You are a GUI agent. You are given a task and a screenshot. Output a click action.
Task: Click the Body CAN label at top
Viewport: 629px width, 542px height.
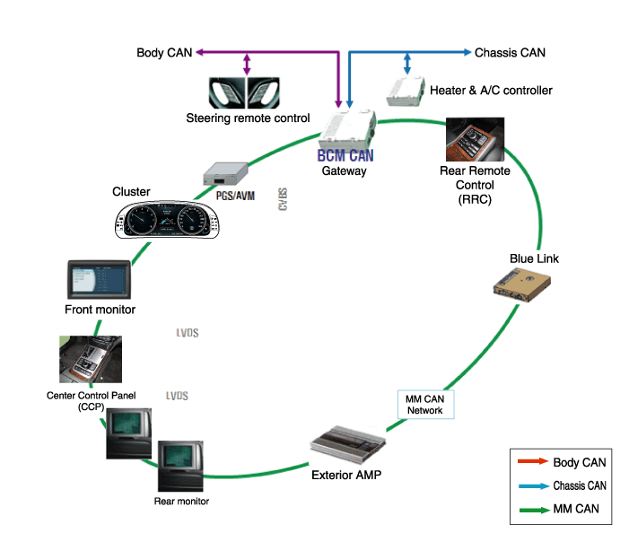162,53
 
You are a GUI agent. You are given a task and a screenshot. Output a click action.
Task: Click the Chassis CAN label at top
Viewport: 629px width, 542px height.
510,53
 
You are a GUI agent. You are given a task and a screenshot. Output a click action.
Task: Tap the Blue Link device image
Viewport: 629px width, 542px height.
522,284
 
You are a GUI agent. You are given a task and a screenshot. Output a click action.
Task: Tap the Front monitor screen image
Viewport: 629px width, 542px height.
99,280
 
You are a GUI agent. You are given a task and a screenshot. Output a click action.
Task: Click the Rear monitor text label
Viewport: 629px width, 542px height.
181,501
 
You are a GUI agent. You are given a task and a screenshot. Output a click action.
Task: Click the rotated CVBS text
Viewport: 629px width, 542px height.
282,200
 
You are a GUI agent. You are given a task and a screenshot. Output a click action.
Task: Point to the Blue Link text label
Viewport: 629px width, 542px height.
534,258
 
